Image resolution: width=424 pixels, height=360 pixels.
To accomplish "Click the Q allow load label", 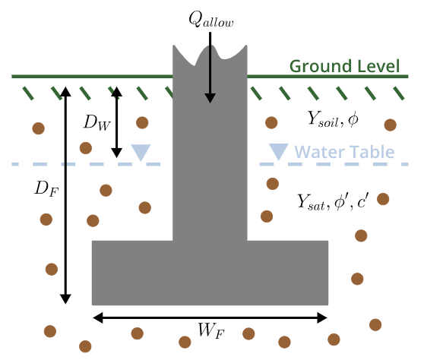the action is coord(211,20).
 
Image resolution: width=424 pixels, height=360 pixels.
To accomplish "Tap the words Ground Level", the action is coord(344,66).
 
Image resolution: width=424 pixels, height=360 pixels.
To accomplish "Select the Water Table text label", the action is coord(344,152).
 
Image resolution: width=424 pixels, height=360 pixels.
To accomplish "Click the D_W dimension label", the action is coord(97,122).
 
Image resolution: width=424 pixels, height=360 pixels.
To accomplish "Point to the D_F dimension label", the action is coord(46,188).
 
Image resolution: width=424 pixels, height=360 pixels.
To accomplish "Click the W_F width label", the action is coord(211,330).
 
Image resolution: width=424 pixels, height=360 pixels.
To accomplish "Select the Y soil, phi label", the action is coord(333,119).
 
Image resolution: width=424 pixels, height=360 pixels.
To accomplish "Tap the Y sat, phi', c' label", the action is coord(333,201).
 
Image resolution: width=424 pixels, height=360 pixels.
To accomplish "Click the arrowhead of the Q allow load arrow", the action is coord(210,98).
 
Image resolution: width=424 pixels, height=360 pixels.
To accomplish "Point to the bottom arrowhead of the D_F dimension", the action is coord(65,299).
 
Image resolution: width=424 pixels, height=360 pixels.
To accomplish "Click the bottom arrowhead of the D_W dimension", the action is coord(117,153).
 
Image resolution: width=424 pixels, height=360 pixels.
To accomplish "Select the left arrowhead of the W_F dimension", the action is coord(97,317).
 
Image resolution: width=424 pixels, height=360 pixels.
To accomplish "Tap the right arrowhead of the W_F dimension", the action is coord(322,317).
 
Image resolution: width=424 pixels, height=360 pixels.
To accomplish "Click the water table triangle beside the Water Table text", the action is coord(279,151).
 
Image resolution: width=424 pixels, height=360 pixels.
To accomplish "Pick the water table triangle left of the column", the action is coord(141,152).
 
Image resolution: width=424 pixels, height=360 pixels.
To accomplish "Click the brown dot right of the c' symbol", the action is coord(383,199).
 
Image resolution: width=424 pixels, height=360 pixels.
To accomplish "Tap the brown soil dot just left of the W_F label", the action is coord(185,343).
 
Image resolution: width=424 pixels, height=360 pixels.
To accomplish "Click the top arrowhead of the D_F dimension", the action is coord(65,92).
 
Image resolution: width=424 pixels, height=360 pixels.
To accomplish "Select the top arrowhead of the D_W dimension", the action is coord(117,92).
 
